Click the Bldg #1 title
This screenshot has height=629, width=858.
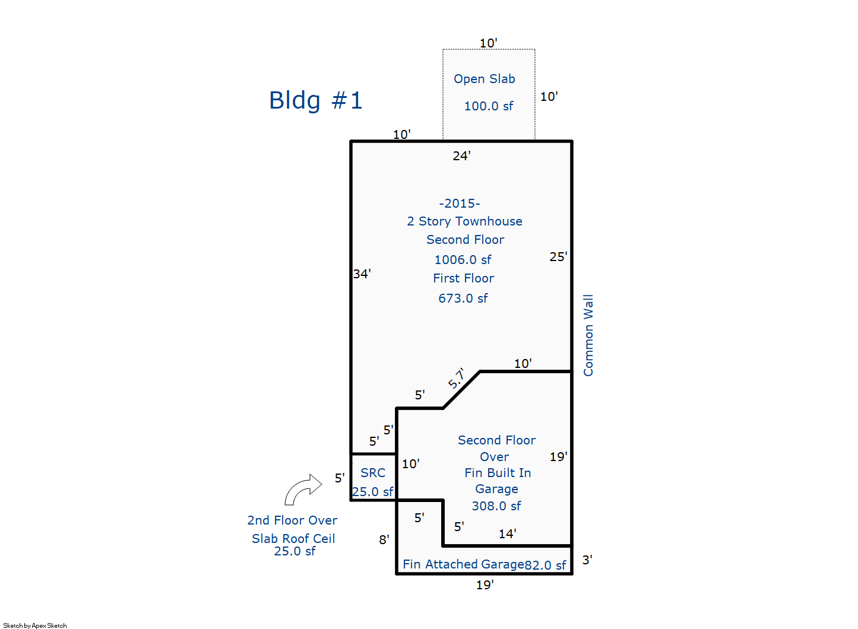click(315, 100)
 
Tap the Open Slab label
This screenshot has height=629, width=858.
click(484, 79)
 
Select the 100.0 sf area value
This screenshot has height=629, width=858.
click(488, 106)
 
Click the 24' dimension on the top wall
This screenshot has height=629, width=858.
click(461, 156)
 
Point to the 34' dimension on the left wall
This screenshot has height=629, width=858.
click(362, 274)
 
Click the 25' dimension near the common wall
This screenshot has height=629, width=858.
click(558, 257)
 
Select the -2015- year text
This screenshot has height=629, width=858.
click(460, 204)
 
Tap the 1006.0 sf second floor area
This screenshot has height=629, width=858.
click(463, 260)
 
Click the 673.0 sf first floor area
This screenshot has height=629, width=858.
click(463, 298)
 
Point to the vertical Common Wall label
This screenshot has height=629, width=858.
click(588, 335)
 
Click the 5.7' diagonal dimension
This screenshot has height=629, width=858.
click(457, 378)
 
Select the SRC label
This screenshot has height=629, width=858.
click(373, 473)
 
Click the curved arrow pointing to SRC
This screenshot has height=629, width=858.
click(303, 489)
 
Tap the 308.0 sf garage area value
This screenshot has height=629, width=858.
click(496, 506)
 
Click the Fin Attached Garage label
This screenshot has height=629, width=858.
click(463, 564)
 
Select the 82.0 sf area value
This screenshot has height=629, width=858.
click(545, 566)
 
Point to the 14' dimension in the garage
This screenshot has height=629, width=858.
click(507, 534)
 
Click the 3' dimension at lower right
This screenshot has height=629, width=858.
click(587, 560)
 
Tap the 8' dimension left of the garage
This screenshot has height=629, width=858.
click(384, 540)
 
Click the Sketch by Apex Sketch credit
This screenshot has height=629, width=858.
click(35, 625)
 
